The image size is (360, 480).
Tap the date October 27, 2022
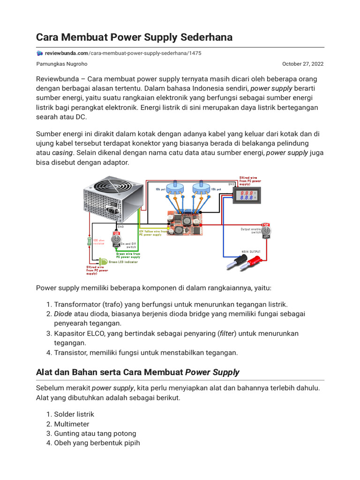click(302, 64)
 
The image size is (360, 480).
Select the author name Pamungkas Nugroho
click(61, 64)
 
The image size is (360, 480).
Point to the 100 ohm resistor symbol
click(90, 240)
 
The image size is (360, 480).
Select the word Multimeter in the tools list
click(72, 424)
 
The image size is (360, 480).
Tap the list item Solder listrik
click(74, 414)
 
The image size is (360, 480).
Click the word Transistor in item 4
click(70, 352)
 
